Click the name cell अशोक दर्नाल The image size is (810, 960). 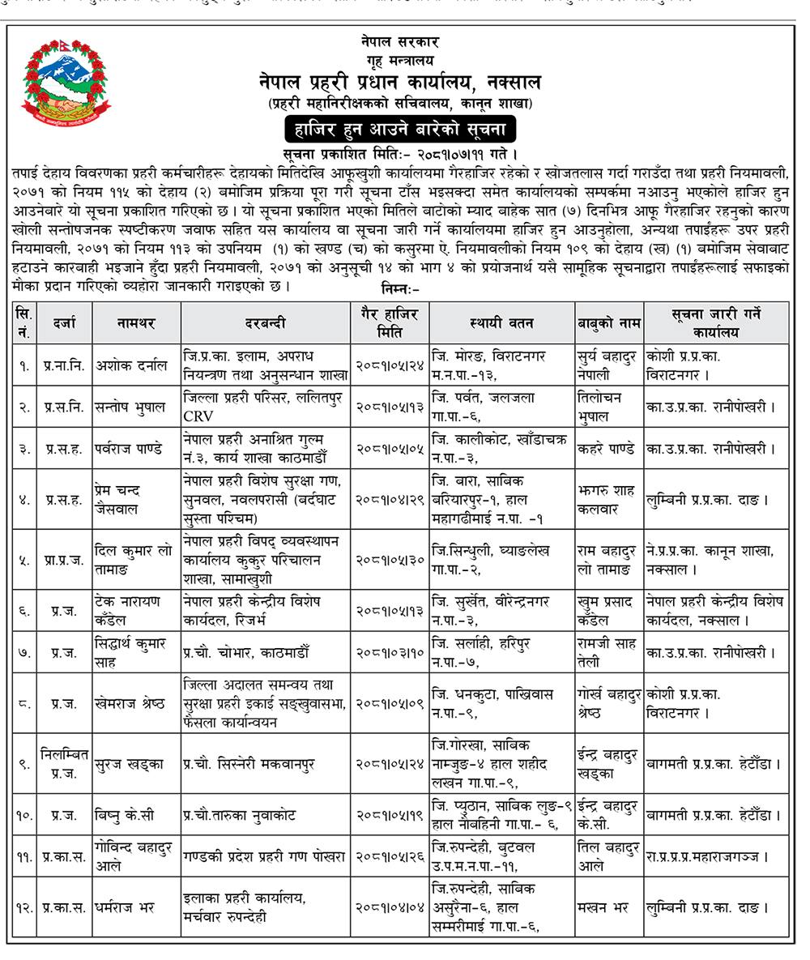130,365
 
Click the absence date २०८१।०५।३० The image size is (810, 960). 391,559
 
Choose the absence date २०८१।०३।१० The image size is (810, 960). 391,652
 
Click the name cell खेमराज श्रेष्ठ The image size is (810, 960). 130,702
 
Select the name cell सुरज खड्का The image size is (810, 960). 129,764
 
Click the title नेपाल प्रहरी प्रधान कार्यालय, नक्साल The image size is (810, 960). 399,83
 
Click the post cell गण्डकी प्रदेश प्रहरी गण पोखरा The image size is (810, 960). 264,855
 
